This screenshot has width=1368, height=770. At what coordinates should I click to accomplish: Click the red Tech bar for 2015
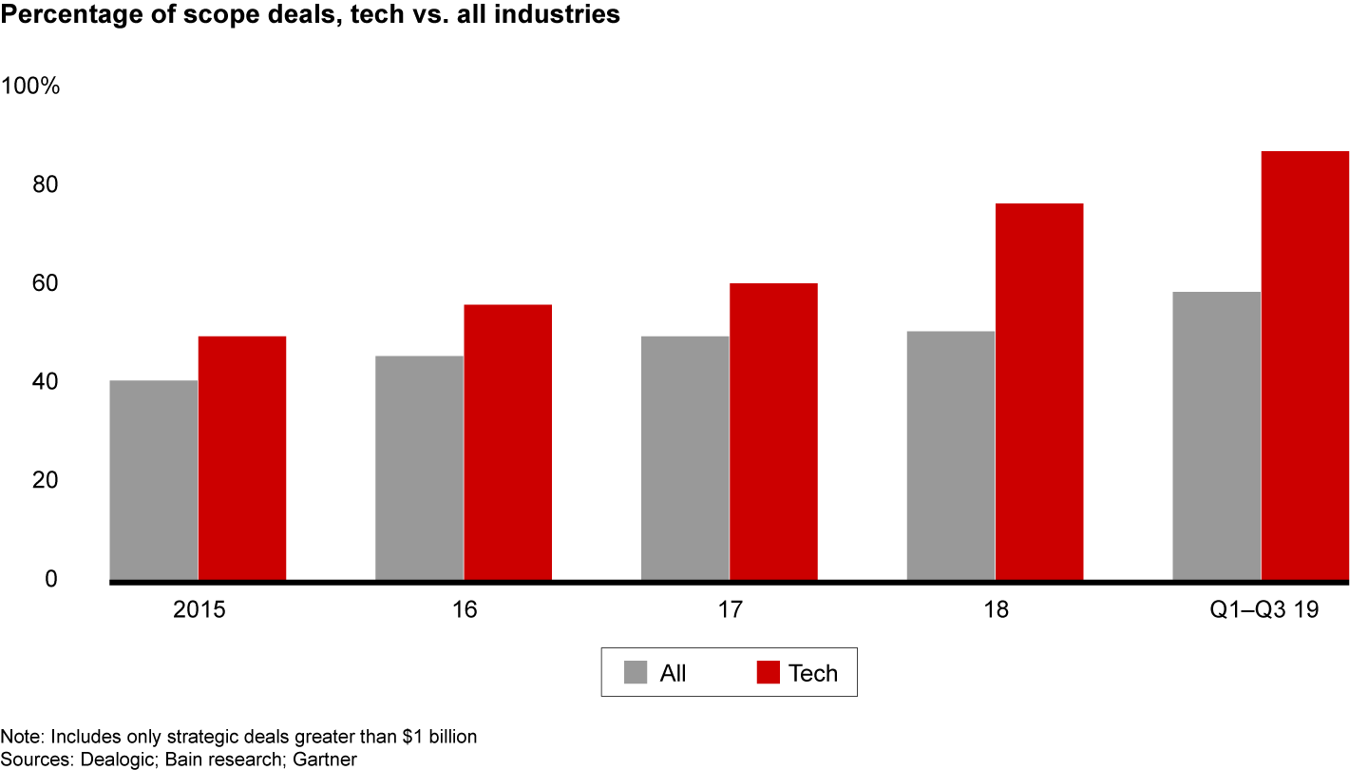coord(242,457)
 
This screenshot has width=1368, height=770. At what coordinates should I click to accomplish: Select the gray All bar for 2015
coord(154,479)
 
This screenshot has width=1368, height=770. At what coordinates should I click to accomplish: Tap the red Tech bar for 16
coord(508,441)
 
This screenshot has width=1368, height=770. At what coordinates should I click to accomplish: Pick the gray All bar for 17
coord(685,457)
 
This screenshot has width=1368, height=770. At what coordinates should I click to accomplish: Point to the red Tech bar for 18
coord(1039,391)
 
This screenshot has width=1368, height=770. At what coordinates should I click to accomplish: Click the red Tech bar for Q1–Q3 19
coord(1305,365)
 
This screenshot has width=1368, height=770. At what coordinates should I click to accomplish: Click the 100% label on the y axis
coord(31,87)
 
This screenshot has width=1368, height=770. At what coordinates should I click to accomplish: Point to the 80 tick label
coord(46,185)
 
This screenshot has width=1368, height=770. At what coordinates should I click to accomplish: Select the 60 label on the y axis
coord(46,283)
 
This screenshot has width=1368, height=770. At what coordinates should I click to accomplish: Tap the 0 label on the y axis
coord(52,579)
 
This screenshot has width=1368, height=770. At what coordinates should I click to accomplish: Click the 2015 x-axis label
coord(199,610)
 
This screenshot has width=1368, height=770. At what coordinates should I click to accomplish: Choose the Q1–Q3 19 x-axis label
coord(1263,610)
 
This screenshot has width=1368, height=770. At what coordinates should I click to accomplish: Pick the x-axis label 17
coord(730,610)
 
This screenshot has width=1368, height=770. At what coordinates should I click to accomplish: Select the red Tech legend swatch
coord(769,673)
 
